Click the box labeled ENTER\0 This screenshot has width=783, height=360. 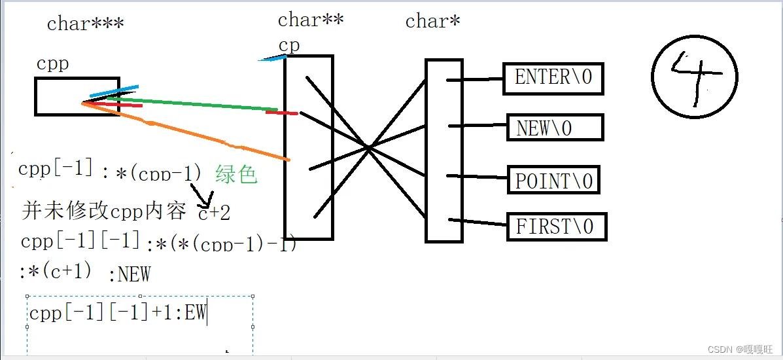tap(553, 78)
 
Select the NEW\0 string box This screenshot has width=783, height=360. tap(555, 128)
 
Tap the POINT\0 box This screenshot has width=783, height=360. tap(553, 180)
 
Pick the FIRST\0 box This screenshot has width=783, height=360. tap(557, 226)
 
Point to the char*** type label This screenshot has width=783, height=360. tap(85, 24)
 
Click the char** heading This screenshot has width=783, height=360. tap(311, 20)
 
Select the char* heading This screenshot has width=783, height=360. tap(432, 21)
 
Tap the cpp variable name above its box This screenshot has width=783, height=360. tap(52, 63)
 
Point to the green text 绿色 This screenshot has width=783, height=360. tap(235, 174)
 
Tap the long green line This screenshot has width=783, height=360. tap(196, 104)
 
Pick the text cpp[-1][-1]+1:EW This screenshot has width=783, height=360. tap(118, 313)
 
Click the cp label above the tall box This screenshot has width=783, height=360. tap(288, 45)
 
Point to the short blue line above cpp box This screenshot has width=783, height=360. tap(114, 91)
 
